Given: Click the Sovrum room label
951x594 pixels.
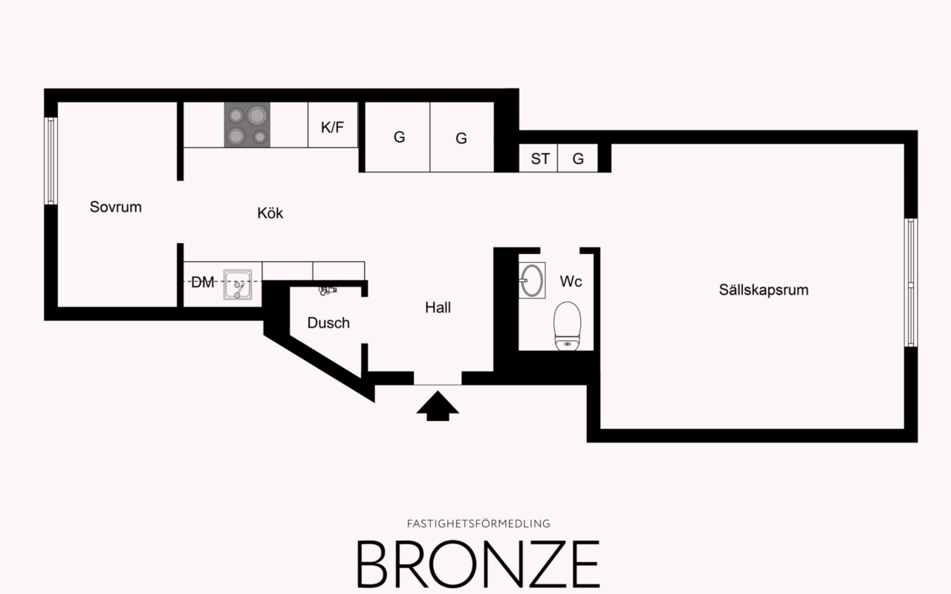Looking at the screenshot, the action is (115, 207).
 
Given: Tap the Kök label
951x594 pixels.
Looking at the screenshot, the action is (270, 214).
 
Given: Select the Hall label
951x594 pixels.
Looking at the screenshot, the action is (438, 307).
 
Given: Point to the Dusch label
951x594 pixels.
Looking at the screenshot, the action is (328, 323).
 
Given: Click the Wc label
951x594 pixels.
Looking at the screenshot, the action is (571, 282).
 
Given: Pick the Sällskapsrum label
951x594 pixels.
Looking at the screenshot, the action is (763, 290).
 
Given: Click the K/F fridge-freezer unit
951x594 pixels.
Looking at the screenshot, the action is (332, 127).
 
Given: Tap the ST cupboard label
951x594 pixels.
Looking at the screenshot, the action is (540, 159).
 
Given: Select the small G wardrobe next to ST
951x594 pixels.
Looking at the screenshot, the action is (578, 159).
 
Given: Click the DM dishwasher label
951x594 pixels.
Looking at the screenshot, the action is (202, 282).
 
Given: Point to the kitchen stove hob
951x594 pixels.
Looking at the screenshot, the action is (247, 125).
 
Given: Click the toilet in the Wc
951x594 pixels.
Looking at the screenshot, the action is (567, 324).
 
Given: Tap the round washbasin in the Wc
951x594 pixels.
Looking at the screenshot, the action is (531, 279).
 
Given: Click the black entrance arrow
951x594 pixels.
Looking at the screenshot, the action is (438, 407).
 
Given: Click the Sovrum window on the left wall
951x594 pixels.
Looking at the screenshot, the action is (51, 160).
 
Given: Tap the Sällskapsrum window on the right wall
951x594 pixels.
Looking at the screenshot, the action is (911, 282).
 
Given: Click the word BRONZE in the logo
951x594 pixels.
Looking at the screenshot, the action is (478, 564).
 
